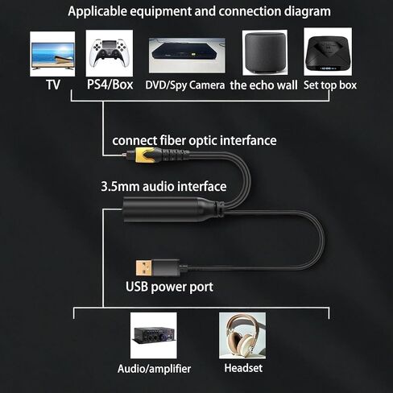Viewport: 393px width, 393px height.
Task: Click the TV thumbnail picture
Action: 52,54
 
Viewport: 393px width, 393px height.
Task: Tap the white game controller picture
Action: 110,53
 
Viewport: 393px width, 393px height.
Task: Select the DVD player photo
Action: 187,56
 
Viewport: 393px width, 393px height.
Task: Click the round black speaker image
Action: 265,52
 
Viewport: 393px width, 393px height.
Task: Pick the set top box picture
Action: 328,52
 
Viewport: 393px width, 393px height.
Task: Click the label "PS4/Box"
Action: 110,85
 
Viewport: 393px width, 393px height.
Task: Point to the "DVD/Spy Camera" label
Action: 185,85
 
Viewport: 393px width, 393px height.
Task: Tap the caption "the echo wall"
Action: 263,85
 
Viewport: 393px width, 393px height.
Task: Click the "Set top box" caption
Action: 330,85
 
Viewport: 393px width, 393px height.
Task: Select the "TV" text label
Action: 53,85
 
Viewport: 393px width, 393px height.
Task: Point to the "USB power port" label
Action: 169,287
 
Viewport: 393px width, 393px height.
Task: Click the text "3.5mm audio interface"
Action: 163,187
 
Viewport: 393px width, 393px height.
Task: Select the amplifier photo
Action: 154,335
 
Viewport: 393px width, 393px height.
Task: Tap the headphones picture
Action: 242,335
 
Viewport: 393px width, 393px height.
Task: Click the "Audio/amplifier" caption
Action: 154,369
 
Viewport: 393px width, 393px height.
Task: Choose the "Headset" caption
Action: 243,368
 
